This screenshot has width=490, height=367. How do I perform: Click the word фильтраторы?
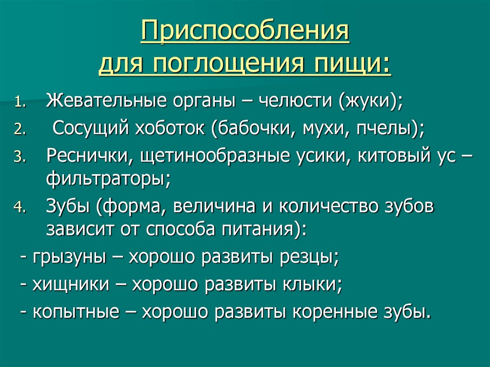[x=107, y=179]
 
